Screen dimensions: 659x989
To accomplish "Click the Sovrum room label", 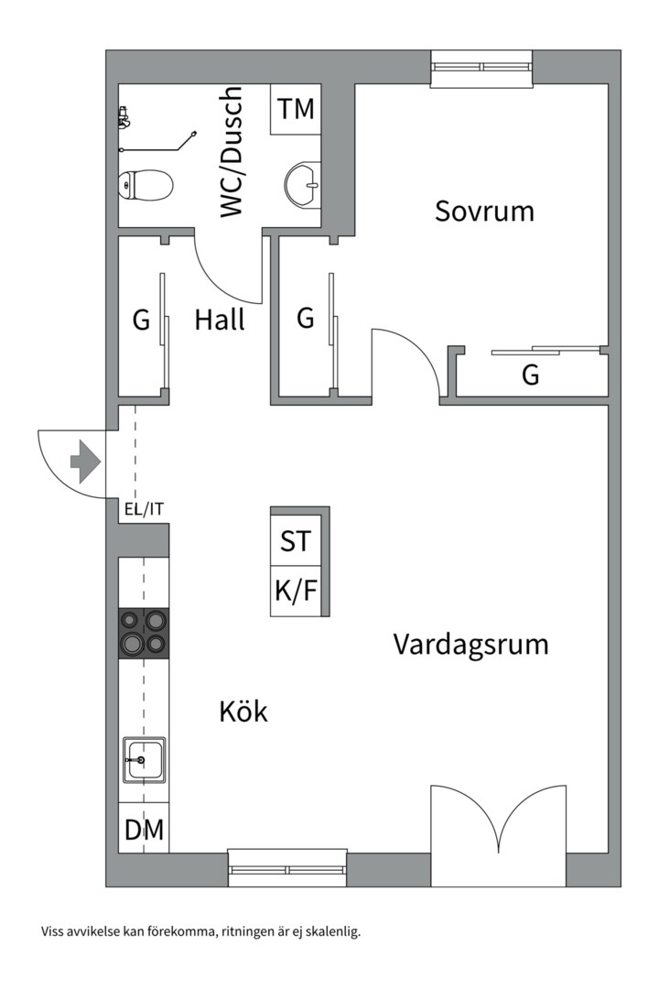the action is point(484,211).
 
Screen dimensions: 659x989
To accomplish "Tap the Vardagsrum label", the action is point(471,645).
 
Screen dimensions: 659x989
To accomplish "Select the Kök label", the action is point(243,711).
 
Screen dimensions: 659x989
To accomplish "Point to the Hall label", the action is point(220,320).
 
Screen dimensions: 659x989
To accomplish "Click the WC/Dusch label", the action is point(231,152).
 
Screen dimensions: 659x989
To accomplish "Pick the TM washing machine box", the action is point(296,109).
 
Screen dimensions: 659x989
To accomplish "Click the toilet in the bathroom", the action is point(146,185).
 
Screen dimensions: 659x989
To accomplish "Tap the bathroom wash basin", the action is point(303,185).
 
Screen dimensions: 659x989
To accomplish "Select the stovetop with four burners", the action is point(144,634).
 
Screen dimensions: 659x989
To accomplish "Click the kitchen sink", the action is point(144,760).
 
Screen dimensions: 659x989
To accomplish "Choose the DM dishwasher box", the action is point(144,828).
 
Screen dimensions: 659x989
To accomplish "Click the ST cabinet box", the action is point(296,540).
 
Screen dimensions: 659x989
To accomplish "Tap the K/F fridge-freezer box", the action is point(296,591).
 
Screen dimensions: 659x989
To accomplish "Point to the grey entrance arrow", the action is point(85,463).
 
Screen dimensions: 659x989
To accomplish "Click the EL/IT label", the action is point(144,510).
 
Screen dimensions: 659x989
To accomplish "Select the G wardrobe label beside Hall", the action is point(141,321).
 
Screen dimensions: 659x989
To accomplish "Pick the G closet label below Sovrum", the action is point(531,375).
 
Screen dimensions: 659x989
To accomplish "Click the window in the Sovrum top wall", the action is point(481,67).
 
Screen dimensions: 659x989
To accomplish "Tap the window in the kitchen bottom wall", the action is point(287,868).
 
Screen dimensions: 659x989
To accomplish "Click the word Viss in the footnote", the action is point(51,931).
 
